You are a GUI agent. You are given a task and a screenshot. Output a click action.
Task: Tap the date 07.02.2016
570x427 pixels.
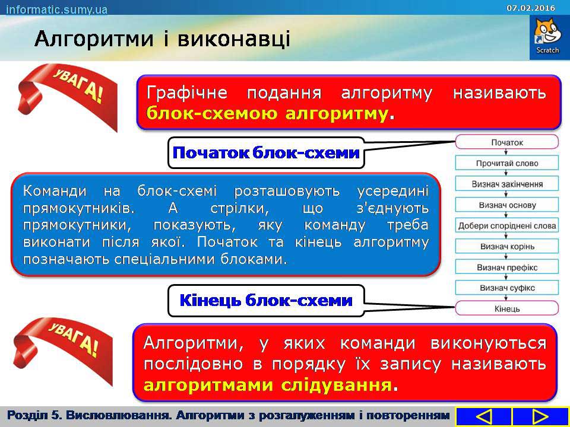coord(531,8)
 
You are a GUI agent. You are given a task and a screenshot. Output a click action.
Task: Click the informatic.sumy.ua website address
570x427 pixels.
coord(57,9)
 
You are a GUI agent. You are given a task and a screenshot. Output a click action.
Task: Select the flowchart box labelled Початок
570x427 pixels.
coord(506,142)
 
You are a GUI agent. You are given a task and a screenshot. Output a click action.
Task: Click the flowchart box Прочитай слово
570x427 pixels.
coord(506,163)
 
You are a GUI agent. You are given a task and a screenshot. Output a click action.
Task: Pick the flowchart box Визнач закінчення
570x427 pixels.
coord(506,184)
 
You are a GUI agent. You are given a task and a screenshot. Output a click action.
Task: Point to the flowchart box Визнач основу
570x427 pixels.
coord(506,205)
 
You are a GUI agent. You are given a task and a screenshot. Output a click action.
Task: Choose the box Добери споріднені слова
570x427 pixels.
coord(506,225)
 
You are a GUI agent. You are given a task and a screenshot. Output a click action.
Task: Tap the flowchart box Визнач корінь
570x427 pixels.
coord(506,247)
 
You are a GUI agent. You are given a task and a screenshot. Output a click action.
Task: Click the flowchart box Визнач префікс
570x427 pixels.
coord(506,267)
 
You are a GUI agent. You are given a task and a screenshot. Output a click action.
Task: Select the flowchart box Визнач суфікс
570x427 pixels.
coord(506,288)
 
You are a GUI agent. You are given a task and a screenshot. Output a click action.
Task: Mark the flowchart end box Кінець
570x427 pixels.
coord(506,308)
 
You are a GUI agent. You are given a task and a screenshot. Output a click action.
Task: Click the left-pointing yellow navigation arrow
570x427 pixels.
coord(483,416)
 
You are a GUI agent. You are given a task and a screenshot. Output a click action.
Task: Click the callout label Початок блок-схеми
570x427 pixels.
coord(266,153)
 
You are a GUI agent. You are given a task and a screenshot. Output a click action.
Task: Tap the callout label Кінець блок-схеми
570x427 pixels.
coord(266,301)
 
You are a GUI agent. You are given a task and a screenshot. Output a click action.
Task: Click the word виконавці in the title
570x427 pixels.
coord(234,39)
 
